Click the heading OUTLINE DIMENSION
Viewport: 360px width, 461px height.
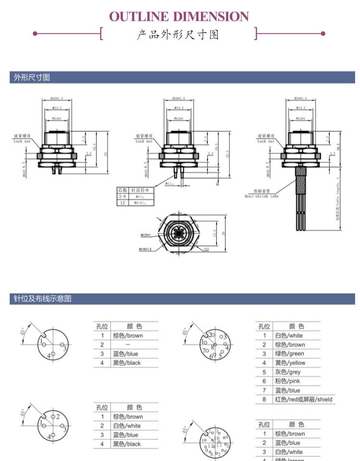click(179, 17)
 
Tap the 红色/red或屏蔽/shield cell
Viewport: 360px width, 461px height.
click(303, 399)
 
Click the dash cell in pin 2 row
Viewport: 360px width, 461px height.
click(128, 345)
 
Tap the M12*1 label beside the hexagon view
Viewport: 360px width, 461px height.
click(146, 235)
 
